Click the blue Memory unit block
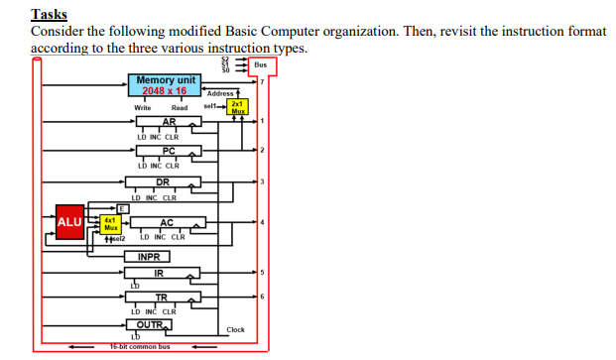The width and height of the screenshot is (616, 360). click(165, 84)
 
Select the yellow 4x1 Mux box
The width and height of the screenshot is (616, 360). click(111, 223)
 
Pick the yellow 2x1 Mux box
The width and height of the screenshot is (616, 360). click(238, 105)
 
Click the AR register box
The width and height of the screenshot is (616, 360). click(169, 121)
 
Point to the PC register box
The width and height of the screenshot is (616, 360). click(169, 151)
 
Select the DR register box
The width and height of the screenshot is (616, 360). click(164, 182)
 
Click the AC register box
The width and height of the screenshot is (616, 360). click(167, 222)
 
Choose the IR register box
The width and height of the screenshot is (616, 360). click(159, 273)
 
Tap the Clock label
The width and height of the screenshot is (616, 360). click(235, 329)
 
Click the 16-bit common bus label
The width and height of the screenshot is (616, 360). click(139, 347)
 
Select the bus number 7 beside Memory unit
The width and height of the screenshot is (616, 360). click(261, 82)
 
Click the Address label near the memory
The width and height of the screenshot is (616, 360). click(220, 93)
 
